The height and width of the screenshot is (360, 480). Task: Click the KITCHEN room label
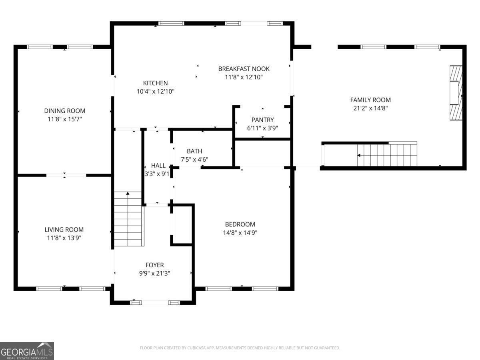[x=156, y=83]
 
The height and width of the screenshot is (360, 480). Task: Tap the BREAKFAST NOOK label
[x=244, y=69]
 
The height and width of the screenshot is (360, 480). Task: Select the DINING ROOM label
[x=65, y=111]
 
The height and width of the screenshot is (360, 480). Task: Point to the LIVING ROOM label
[x=64, y=230]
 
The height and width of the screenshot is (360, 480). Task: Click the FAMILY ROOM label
[x=370, y=100]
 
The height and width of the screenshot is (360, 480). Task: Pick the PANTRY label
[x=262, y=120]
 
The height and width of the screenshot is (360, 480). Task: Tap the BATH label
[x=194, y=151]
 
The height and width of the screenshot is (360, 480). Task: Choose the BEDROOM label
[x=240, y=224]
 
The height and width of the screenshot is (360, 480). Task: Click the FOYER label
[x=155, y=265]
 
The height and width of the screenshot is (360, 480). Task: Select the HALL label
[x=158, y=166]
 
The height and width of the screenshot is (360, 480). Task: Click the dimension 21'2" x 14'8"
[x=370, y=108]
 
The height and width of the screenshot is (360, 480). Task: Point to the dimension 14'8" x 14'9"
[x=240, y=232]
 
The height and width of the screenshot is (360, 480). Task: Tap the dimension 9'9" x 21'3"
[x=155, y=273]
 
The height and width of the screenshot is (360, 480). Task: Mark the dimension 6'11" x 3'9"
[x=262, y=128]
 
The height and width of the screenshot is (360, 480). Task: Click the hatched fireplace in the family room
[x=456, y=93]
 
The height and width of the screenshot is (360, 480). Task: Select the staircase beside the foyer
[x=128, y=219]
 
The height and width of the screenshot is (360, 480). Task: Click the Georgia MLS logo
[x=27, y=351]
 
